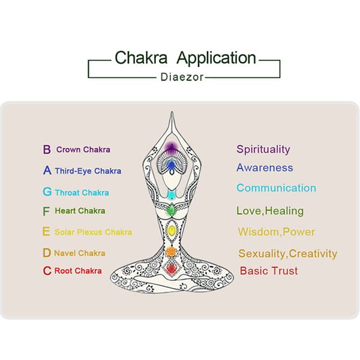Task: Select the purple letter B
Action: pyautogui.click(x=46, y=149)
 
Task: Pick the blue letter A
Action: pyautogui.click(x=47, y=170)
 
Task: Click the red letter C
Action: pyautogui.click(x=47, y=271)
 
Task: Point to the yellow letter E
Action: pyautogui.click(x=46, y=232)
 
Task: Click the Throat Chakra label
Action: pyautogui.click(x=82, y=193)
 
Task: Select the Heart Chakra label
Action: pyautogui.click(x=80, y=211)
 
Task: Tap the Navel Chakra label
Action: pyautogui.click(x=79, y=253)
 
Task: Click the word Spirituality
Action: pyautogui.click(x=263, y=149)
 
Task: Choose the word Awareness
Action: pyautogui.click(x=265, y=168)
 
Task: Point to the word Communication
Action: pyautogui.click(x=276, y=188)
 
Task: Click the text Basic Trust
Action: pyautogui.click(x=269, y=271)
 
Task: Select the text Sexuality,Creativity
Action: pyautogui.click(x=287, y=253)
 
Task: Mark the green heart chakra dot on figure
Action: pyautogui.click(x=171, y=210)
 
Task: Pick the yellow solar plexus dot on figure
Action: pyautogui.click(x=171, y=230)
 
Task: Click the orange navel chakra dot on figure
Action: pyautogui.click(x=171, y=251)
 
